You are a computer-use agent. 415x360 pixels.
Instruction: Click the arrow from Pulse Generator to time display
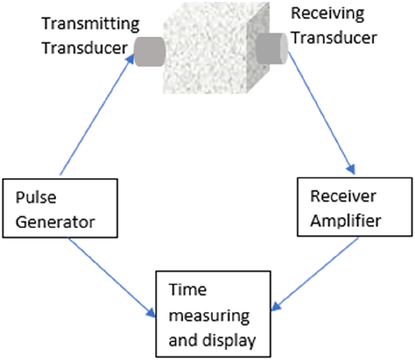(x=110, y=276)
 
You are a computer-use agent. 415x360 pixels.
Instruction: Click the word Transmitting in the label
(x=83, y=24)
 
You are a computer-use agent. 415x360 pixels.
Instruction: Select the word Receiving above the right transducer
(x=327, y=14)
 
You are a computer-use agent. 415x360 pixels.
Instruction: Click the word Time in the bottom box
(x=181, y=290)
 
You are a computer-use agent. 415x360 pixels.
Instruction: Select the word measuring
(x=209, y=316)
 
